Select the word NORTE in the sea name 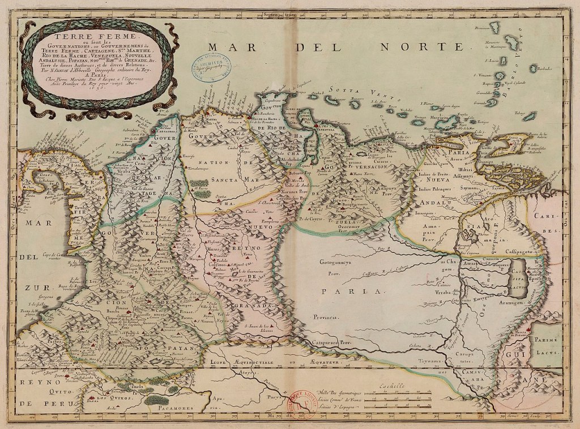pyautogui.click(x=430, y=47)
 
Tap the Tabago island pyautogui.click(x=529, y=116)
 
